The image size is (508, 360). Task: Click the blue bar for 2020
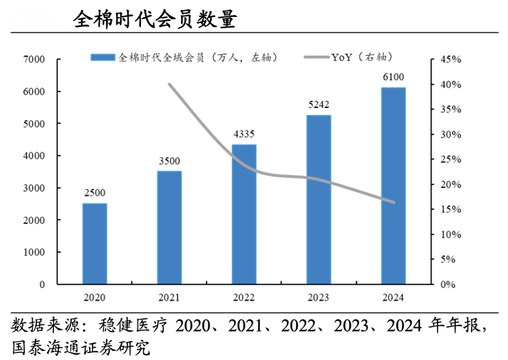click(94, 244)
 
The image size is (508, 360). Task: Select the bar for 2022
click(244, 214)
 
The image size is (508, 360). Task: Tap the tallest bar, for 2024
click(394, 186)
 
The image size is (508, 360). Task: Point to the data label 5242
click(319, 105)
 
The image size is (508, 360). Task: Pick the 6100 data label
click(394, 77)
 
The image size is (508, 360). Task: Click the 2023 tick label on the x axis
click(319, 298)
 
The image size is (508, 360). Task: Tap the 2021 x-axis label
click(169, 298)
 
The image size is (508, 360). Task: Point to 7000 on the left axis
click(34, 60)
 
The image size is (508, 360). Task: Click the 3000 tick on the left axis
click(34, 188)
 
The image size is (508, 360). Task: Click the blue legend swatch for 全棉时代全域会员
click(103, 57)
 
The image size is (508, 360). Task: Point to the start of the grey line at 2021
click(169, 84)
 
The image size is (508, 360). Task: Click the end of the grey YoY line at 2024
click(394, 202)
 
